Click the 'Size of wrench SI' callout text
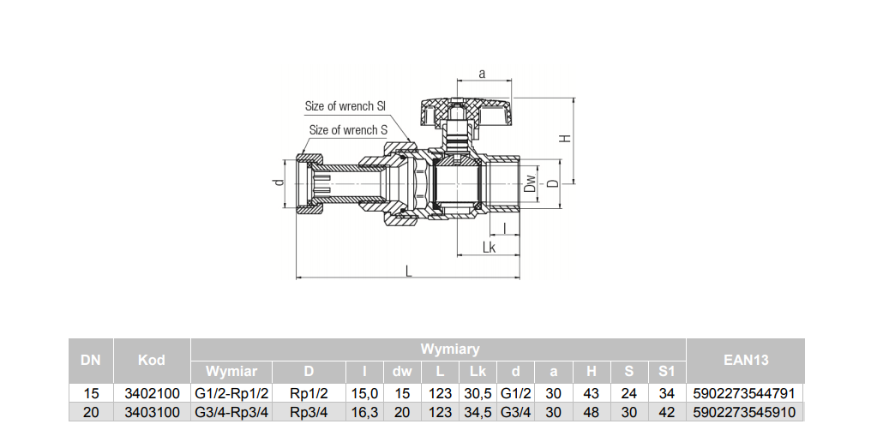(345, 106)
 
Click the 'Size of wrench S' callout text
(348, 130)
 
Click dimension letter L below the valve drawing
(409, 271)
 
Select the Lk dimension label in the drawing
(489, 247)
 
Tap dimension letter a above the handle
(482, 74)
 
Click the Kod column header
(152, 360)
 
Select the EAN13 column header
(746, 360)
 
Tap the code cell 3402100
(152, 393)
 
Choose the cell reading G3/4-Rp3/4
(231, 412)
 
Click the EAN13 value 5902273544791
(746, 393)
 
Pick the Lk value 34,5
(478, 412)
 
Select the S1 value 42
(667, 412)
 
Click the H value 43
(592, 393)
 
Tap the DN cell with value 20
(91, 412)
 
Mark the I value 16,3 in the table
(365, 412)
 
